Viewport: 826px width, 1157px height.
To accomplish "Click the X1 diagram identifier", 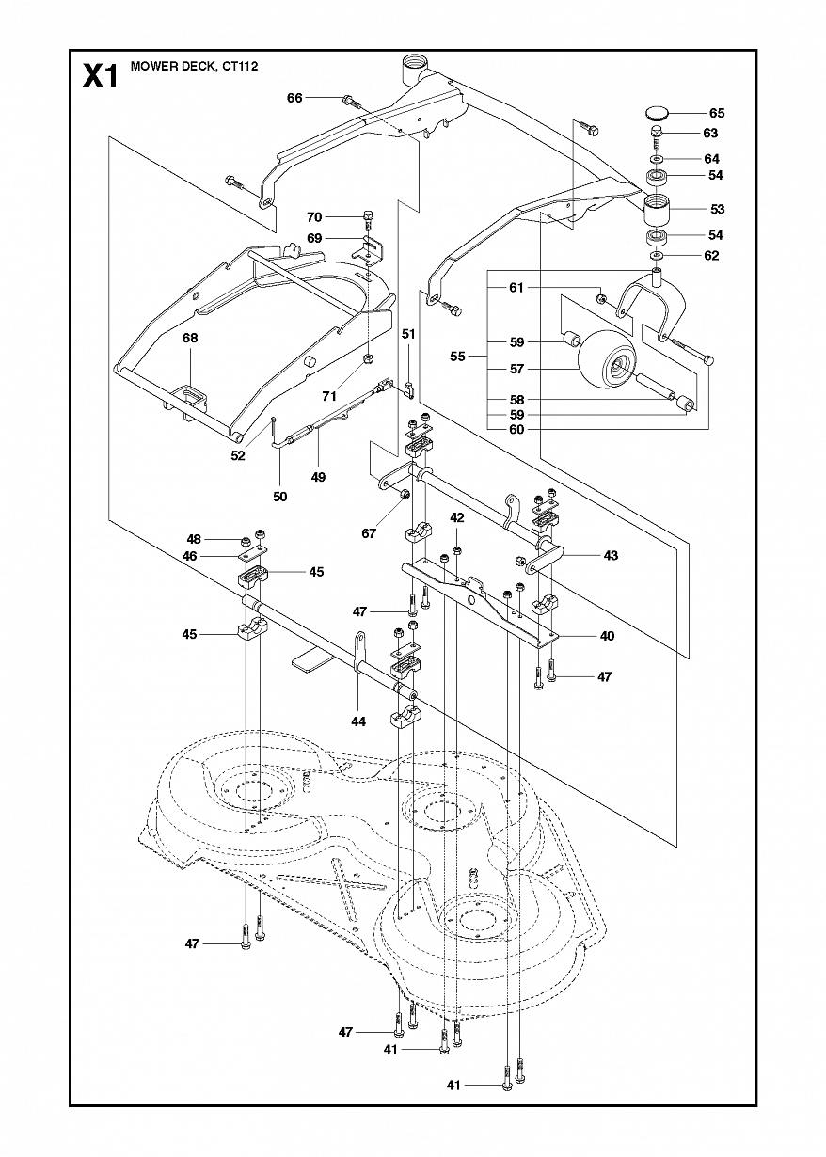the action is tap(101, 76).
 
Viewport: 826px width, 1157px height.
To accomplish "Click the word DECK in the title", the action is tap(192, 66).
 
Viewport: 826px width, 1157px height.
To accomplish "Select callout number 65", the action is tap(717, 113).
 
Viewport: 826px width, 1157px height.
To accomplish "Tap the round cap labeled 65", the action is tap(657, 112).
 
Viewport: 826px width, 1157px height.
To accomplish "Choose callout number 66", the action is tap(294, 98).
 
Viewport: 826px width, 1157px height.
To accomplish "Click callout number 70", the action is tap(314, 217).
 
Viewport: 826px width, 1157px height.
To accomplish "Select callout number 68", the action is tap(190, 338).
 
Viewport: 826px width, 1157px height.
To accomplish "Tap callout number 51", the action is tap(408, 334).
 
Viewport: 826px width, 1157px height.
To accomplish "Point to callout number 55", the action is tap(457, 356).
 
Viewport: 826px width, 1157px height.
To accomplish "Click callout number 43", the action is tap(611, 555).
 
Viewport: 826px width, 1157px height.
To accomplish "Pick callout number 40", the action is tap(607, 636).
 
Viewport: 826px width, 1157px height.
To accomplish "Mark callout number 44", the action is tap(358, 721).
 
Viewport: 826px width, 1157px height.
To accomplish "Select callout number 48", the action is tap(194, 539).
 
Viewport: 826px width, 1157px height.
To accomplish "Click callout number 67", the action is tap(369, 533).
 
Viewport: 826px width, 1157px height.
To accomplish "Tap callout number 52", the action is tap(238, 455).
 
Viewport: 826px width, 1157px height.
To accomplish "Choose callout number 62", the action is tap(711, 256).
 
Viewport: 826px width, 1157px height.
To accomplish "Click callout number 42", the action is tap(457, 517).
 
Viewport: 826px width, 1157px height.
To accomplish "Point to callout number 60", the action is tap(516, 429).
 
